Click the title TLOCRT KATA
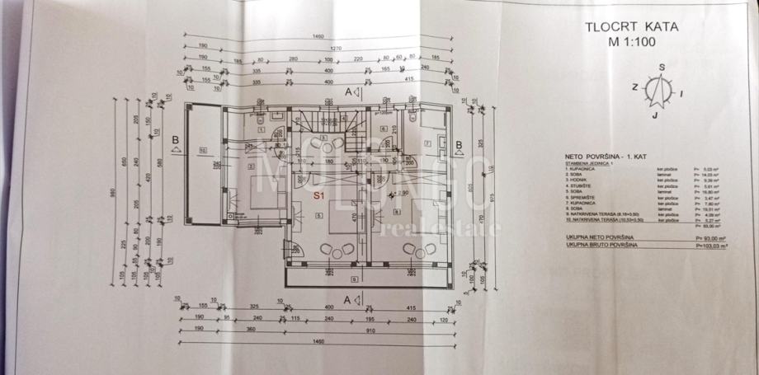(632, 26)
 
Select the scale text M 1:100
(632, 40)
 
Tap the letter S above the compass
(662, 68)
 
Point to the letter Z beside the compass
(635, 86)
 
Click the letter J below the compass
(653, 116)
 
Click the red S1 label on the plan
(318, 196)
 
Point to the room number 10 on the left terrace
(203, 150)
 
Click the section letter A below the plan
(348, 298)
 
